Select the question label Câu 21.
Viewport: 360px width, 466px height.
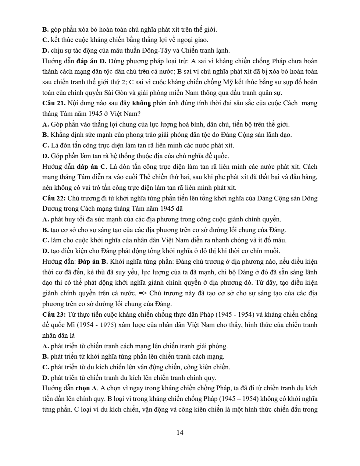pyautogui.click(x=54, y=103)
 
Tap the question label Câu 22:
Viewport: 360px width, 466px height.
pyautogui.click(x=54, y=198)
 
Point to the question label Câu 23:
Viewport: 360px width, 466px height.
pyautogui.click(x=54, y=314)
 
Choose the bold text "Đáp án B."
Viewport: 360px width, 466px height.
pyautogui.click(x=92, y=262)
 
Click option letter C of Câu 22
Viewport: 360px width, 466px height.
pyautogui.click(x=46, y=241)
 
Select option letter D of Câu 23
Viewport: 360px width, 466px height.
pyautogui.click(x=46, y=378)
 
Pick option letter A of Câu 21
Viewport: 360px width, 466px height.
pyautogui.click(x=46, y=124)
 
